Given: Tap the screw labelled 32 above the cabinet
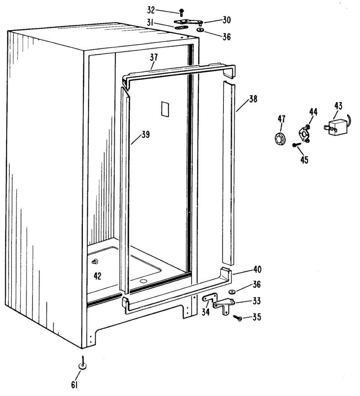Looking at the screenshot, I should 181,13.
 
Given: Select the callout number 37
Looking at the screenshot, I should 154,57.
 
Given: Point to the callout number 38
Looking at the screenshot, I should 253,99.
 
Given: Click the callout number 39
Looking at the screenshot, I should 145,135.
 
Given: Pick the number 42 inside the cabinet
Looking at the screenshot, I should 97,276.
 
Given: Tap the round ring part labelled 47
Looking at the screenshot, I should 281,139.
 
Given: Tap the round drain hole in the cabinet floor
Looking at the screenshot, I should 143,281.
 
